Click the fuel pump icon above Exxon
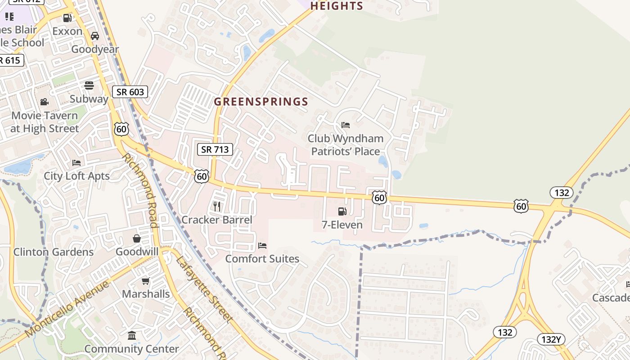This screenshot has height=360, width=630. pos(67,18)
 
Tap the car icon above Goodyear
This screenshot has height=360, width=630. pos(95,36)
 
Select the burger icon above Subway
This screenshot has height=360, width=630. pos(89,85)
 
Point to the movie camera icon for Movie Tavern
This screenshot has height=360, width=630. pos(44,102)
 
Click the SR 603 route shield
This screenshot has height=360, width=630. pos(130,92)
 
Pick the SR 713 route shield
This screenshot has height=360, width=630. pos(215,149)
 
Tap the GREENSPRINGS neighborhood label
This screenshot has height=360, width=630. pos(261,102)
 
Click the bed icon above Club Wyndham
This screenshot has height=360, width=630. pos(346,125)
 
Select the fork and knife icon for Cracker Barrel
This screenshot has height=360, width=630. pos(217,207)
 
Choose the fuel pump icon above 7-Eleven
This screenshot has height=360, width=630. pos(342,211)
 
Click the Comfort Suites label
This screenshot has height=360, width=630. pos(262,259)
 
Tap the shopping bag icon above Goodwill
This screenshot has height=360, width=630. pos(137,238)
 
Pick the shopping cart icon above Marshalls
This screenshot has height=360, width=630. pos(145,281)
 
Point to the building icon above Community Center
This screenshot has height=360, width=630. pos(132,335)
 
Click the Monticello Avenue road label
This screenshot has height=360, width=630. pos(67,309)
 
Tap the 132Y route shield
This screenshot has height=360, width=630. pos(551,339)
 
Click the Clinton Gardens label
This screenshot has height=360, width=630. pos(54,252)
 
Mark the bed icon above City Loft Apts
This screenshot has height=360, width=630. pos(76,162)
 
